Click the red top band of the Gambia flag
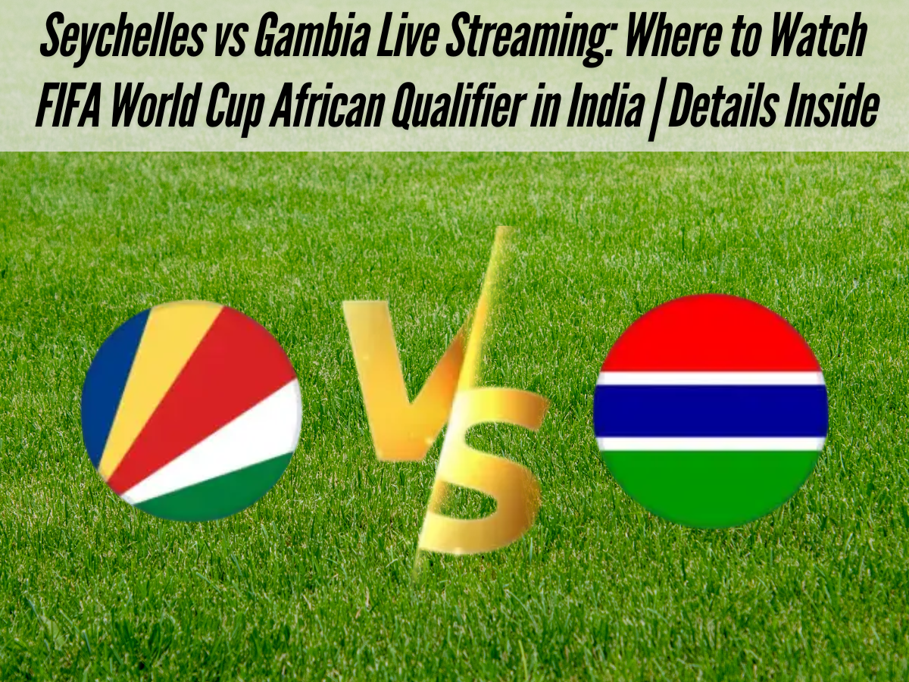711,333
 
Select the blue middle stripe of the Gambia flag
711,410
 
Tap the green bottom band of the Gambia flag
711,485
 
